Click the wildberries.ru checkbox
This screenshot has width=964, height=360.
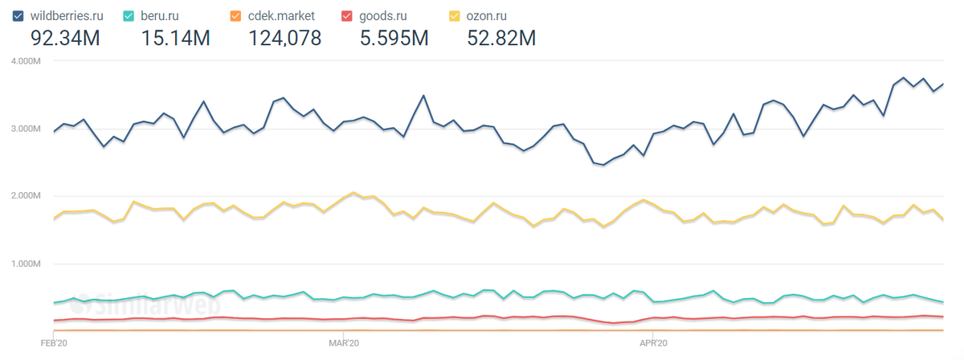18,14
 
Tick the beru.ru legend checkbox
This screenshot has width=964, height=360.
129,14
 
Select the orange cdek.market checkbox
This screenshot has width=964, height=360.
235,14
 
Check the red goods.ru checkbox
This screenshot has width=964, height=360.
347,14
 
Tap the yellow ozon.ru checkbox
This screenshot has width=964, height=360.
455,14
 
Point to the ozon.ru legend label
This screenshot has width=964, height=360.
490,14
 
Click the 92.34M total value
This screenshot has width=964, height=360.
64,37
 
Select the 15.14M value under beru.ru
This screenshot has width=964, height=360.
175,37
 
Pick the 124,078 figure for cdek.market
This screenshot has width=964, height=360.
284,37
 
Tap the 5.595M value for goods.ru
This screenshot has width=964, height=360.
394,37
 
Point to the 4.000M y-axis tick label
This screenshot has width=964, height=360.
26,60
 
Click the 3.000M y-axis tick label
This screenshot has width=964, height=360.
26,129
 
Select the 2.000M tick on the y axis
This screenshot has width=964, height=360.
26,196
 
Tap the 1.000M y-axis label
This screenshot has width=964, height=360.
26,264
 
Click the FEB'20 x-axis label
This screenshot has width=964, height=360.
53,343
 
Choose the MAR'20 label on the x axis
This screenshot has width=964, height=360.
343,343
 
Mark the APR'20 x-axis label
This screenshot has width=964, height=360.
653,343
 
